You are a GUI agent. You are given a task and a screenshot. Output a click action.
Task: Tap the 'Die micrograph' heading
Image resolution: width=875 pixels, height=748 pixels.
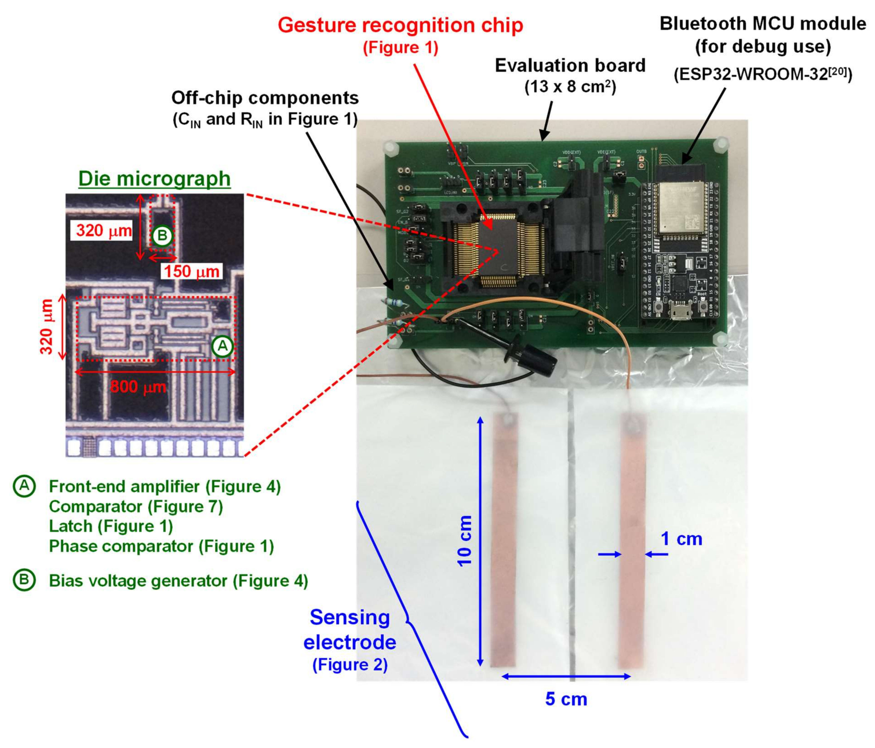click(x=155, y=179)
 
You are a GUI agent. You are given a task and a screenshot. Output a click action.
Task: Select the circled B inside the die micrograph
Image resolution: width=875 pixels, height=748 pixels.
click(x=162, y=235)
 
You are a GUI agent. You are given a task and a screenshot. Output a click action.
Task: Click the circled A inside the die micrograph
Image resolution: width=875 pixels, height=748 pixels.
click(x=222, y=346)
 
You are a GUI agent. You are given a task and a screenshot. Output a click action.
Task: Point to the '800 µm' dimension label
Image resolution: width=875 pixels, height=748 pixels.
click(x=138, y=386)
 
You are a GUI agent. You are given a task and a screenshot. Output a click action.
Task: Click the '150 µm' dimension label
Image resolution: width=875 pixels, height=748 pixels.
click(x=192, y=271)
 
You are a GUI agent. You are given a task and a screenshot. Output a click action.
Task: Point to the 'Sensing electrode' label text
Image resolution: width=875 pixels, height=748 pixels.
click(x=350, y=630)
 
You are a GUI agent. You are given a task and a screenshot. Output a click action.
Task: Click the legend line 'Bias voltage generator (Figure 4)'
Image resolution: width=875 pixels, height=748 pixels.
click(x=178, y=581)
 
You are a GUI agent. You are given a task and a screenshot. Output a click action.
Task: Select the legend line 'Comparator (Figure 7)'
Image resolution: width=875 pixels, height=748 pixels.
click(x=136, y=506)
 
